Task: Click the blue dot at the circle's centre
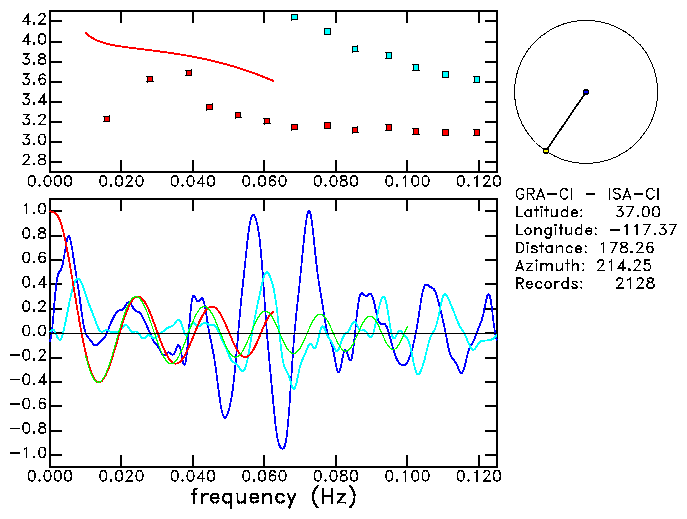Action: coord(585,92)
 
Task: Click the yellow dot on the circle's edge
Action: coord(545,150)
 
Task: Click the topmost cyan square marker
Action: coord(294,17)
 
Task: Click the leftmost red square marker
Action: coord(107,118)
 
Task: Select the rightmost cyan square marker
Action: coord(477,79)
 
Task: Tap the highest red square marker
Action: coord(189,73)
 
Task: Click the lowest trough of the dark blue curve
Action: coord(282,447)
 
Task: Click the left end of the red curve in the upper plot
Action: coord(86,33)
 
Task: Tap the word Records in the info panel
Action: coord(547,284)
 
